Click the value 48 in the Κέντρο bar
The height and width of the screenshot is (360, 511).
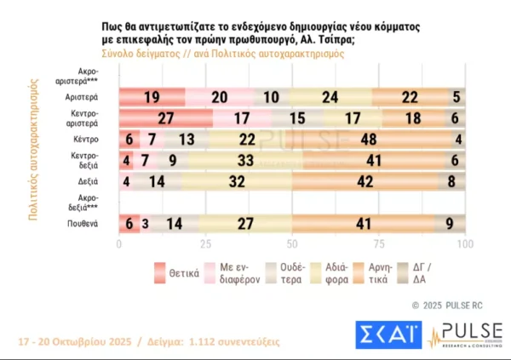click(372, 140)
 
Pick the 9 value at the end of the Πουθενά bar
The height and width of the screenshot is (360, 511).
click(450, 223)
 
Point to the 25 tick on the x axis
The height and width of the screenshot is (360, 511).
click(204, 245)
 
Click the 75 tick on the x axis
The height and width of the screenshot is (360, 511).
click(379, 245)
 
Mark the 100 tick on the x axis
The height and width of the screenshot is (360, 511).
click(464, 245)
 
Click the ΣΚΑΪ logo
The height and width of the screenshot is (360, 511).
click(386, 334)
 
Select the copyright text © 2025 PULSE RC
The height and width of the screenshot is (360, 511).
click(450, 305)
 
